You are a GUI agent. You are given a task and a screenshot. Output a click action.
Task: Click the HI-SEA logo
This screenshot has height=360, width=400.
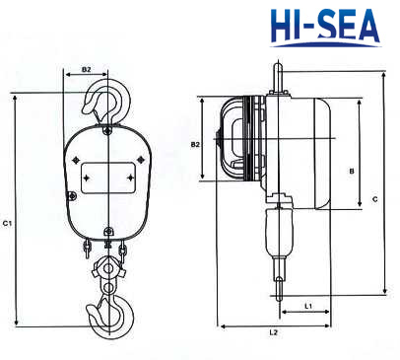[x=325, y=28]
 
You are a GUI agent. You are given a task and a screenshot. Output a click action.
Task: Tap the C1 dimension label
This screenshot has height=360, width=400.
[x=7, y=223]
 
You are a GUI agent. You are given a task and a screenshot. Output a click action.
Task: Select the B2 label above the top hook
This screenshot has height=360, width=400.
[x=86, y=69]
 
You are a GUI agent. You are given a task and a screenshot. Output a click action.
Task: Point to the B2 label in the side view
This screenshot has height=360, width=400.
[x=195, y=144]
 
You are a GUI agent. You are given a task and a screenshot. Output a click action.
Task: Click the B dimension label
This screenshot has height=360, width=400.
[x=352, y=172]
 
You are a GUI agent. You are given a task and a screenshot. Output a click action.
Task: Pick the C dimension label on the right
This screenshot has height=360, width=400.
[x=375, y=199]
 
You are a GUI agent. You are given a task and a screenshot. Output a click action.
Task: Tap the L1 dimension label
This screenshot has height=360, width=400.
[x=307, y=306]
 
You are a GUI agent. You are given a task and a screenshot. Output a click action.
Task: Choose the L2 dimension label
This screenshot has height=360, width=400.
[x=273, y=332]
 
